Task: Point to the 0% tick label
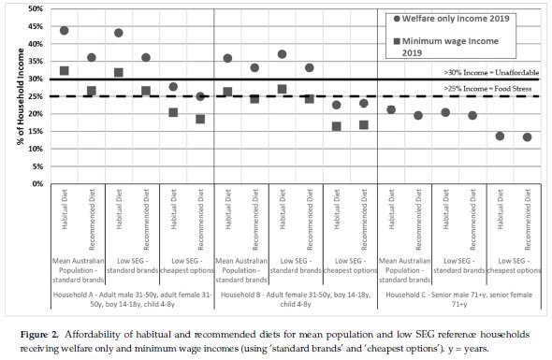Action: tap(35, 183)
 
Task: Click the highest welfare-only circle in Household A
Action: tap(65, 30)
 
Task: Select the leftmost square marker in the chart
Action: tap(65, 71)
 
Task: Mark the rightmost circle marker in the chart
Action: tap(527, 137)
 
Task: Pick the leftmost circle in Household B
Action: tap(227, 58)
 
